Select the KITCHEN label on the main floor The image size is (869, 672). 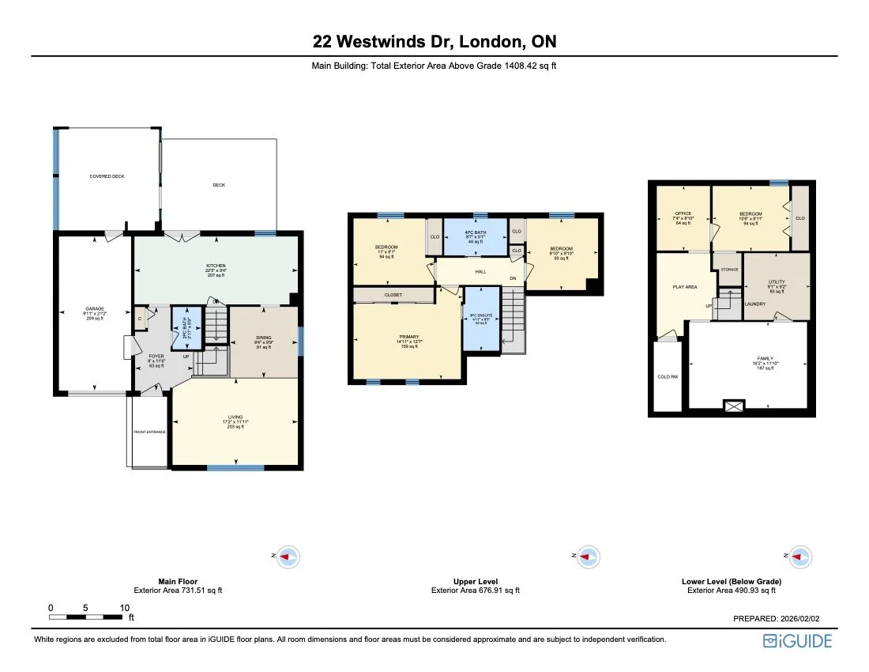pos(216,266)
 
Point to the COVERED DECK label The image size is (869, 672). pos(107,176)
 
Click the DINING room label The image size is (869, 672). pos(263,338)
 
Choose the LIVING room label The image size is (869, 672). pos(235,417)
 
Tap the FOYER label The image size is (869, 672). pos(156,357)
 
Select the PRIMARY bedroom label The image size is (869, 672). pos(408,337)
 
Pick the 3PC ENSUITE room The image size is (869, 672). pos(481,320)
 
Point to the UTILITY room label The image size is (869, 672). pos(776,282)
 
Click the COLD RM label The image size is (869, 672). pos(668,376)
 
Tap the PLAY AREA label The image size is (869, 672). pos(684,286)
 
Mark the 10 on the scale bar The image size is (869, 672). pos(124,607)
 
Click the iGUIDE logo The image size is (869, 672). pos(797,640)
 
